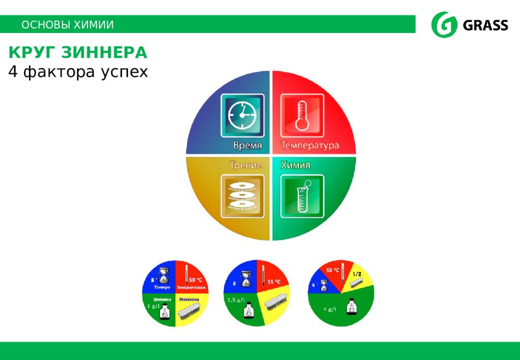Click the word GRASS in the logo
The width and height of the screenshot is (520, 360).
point(485,25)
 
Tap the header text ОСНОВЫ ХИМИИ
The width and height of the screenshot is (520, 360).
point(68,25)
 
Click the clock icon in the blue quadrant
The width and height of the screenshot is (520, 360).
point(242,115)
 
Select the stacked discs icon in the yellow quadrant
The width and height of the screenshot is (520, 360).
point(242,195)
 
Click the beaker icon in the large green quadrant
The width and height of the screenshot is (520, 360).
point(303,195)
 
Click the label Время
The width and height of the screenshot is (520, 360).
point(247,146)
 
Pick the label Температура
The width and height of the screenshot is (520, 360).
point(310,146)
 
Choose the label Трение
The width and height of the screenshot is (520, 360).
point(245,165)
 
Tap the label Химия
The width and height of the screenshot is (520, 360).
point(296,165)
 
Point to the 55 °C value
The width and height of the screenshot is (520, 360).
point(274,281)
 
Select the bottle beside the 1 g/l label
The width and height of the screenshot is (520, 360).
point(165,311)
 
